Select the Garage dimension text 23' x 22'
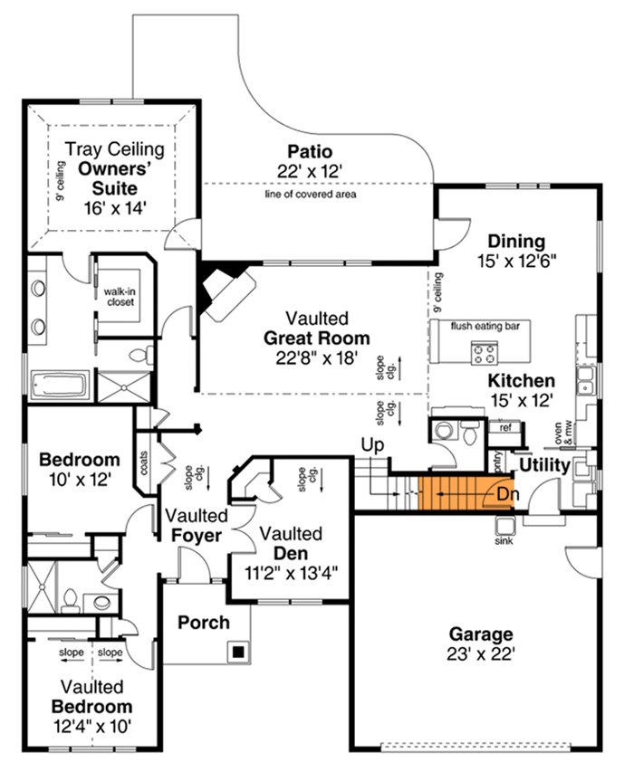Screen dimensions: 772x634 pyautogui.click(x=478, y=653)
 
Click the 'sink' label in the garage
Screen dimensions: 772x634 pyautogui.click(x=504, y=541)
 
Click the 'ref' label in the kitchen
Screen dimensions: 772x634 pyautogui.click(x=504, y=428)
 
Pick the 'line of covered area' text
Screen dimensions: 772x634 pyautogui.click(x=310, y=194)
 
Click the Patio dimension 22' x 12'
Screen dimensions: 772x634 pyautogui.click(x=310, y=170)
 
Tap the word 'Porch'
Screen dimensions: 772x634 pyautogui.click(x=203, y=623)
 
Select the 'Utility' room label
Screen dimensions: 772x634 pyautogui.click(x=544, y=466)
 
